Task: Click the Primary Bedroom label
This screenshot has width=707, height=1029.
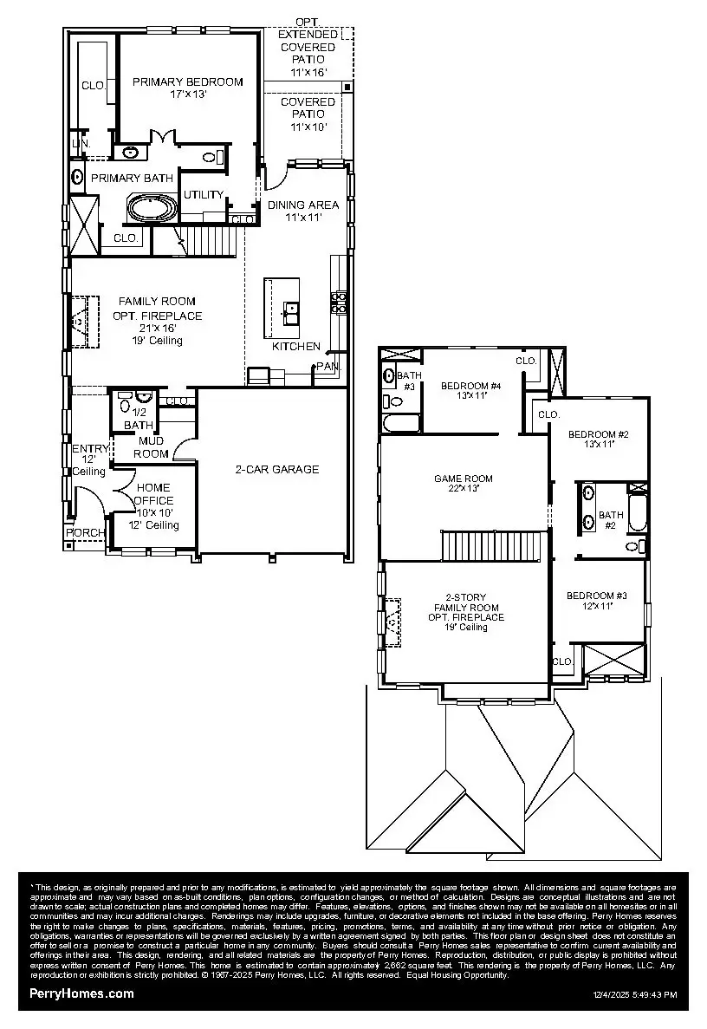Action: click(187, 88)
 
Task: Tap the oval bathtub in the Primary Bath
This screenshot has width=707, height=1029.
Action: click(152, 208)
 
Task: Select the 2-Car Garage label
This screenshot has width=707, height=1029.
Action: click(277, 469)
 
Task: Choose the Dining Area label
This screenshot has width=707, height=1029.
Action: click(302, 211)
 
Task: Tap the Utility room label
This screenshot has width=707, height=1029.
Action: click(204, 195)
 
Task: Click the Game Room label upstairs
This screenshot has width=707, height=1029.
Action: click(464, 483)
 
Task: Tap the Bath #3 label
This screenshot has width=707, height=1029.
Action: click(406, 380)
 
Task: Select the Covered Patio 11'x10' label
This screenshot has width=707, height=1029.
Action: click(308, 114)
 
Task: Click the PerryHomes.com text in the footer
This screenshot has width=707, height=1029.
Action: click(81, 993)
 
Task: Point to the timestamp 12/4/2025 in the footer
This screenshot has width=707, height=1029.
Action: click(635, 995)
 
